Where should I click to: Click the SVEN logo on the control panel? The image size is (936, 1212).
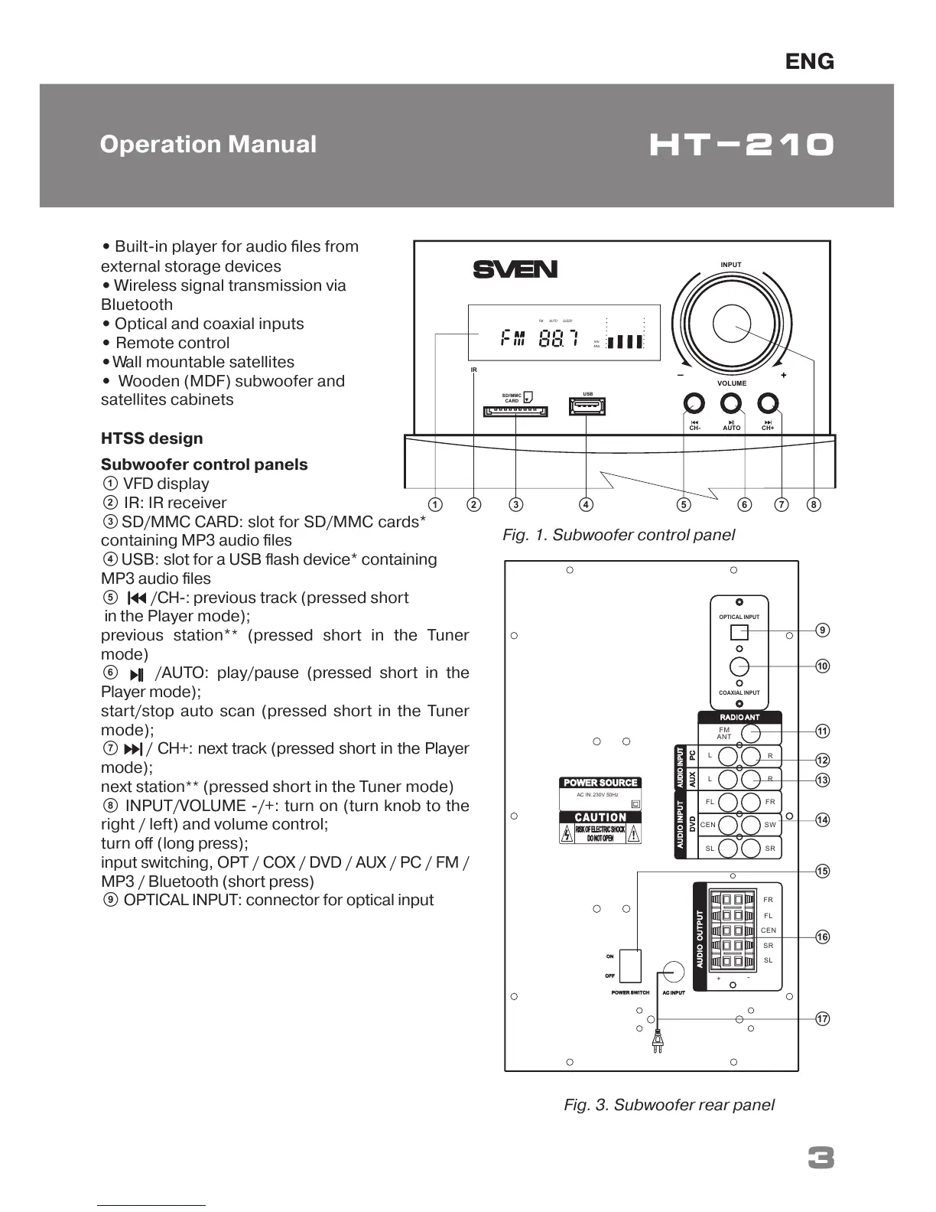pyautogui.click(x=515, y=269)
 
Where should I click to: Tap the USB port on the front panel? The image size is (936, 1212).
pyautogui.click(x=587, y=406)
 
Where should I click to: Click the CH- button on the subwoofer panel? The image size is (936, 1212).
pyautogui.click(x=694, y=403)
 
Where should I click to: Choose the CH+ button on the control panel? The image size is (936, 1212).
pyautogui.click(x=768, y=403)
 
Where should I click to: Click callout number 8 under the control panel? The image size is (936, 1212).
pyautogui.click(x=814, y=504)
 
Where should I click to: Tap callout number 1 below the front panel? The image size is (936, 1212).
pyautogui.click(x=435, y=504)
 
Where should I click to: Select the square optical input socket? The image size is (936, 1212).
pyautogui.click(x=739, y=633)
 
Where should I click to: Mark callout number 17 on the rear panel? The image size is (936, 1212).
pyautogui.click(x=822, y=1018)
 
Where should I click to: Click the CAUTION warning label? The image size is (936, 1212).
pyautogui.click(x=601, y=817)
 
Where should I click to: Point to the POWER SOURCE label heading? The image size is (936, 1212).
pyautogui.click(x=600, y=783)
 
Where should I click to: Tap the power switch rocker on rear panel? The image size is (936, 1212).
pyautogui.click(x=630, y=966)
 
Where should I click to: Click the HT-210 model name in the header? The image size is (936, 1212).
pyautogui.click(x=741, y=145)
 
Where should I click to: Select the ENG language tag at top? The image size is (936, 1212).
pyautogui.click(x=809, y=61)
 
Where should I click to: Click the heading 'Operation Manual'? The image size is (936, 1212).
pyautogui.click(x=208, y=145)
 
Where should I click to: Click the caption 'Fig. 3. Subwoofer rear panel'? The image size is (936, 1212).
pyautogui.click(x=669, y=1105)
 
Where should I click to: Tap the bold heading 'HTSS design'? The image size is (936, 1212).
pyautogui.click(x=152, y=438)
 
